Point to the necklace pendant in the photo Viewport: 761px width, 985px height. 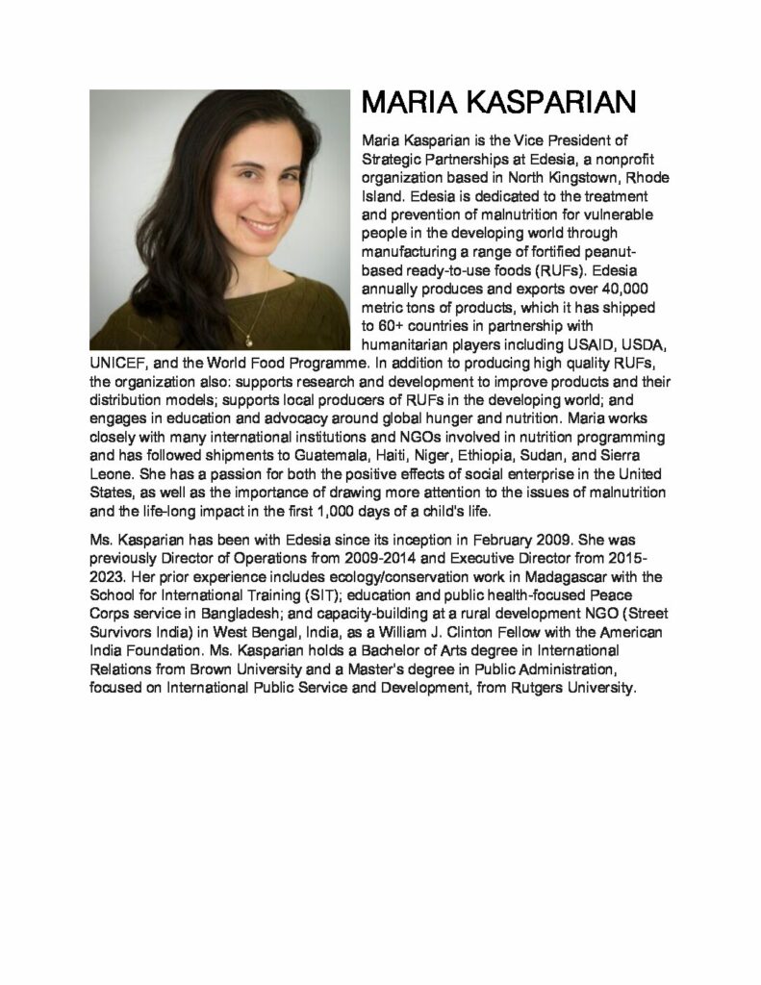coord(248,338)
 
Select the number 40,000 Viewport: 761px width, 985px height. coord(616,289)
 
